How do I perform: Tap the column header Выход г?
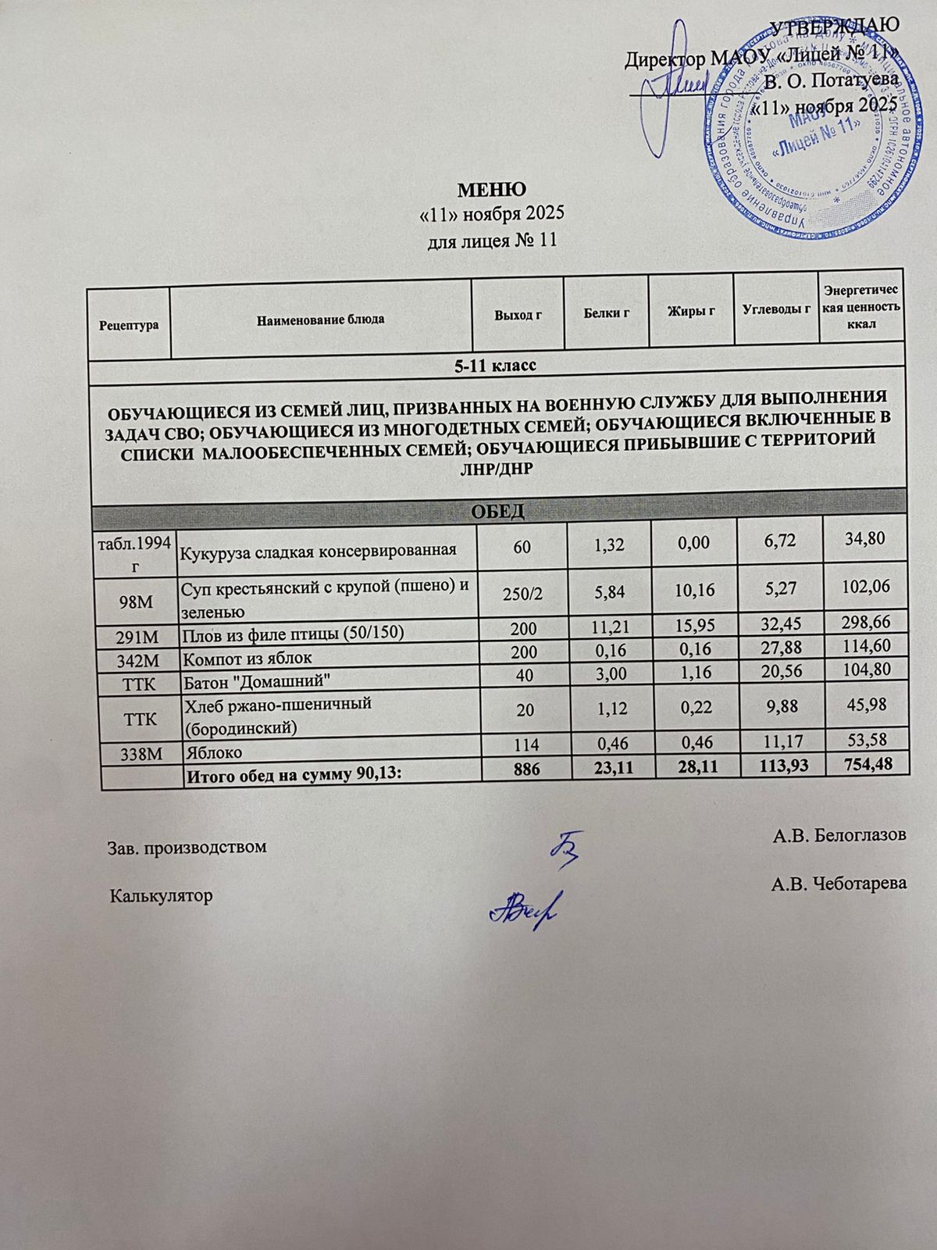518,315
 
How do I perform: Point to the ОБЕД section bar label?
499,512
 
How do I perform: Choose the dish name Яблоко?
212,752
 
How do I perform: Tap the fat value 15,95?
691,628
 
